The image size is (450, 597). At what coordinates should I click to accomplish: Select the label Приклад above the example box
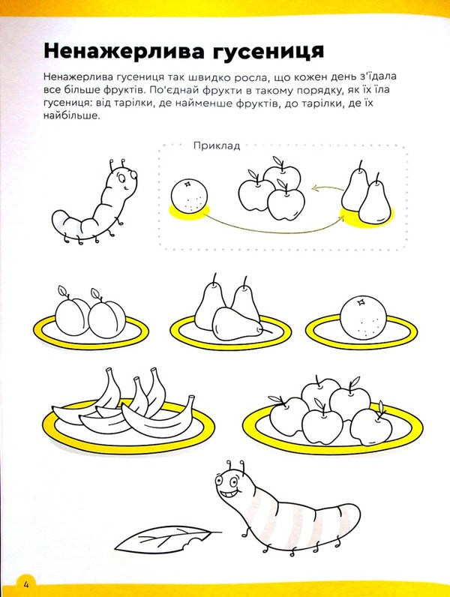tap(216, 145)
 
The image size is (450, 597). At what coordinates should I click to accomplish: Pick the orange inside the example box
tap(188, 196)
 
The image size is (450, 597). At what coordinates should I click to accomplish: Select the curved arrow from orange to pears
tap(270, 224)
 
